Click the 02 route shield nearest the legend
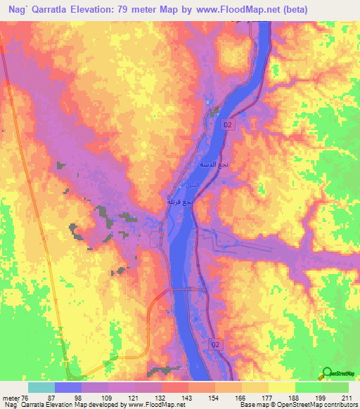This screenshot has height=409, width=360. (217, 344)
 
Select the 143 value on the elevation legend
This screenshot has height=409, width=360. (188, 397)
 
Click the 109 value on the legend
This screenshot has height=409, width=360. (108, 397)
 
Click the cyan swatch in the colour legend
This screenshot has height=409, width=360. (41, 387)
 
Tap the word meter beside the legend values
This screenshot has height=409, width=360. (11, 397)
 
